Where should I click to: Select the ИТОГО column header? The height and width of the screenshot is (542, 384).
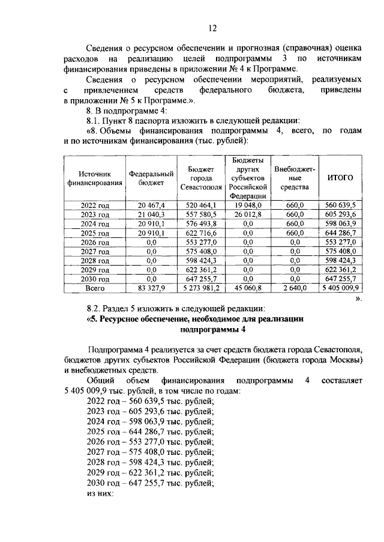pyautogui.click(x=340, y=178)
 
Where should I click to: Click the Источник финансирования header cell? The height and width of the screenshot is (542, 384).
pyautogui.click(x=95, y=178)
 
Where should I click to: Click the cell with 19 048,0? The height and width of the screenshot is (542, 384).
pyautogui.click(x=247, y=205)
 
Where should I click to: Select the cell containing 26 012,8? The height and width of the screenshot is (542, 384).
pyautogui.click(x=247, y=215)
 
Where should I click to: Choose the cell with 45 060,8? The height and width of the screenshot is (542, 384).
pyautogui.click(x=247, y=288)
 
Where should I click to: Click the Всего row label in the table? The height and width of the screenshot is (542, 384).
pyautogui.click(x=95, y=288)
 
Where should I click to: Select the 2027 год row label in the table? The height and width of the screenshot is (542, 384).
pyautogui.click(x=95, y=252)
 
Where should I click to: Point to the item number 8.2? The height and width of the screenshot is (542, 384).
pyautogui.click(x=97, y=308)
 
